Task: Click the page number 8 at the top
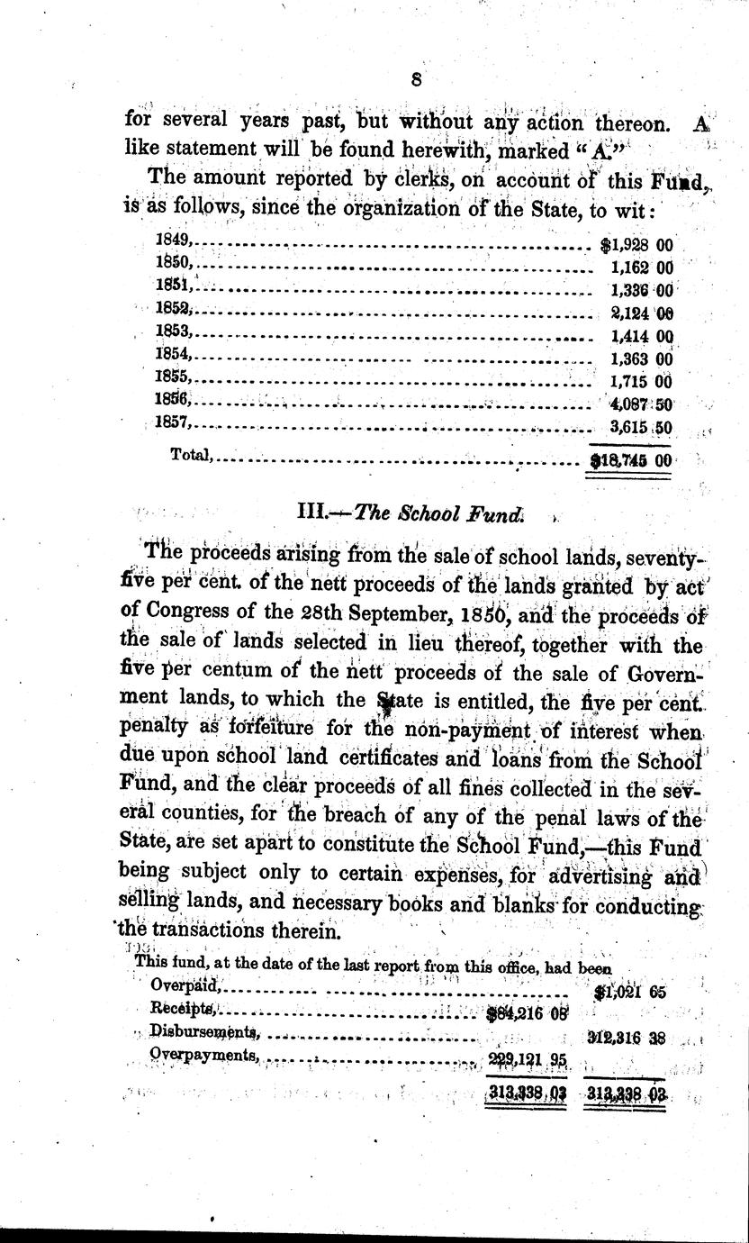point(417,79)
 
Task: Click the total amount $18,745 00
point(630,459)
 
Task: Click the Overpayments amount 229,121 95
point(526,1059)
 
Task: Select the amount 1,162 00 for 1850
point(640,268)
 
